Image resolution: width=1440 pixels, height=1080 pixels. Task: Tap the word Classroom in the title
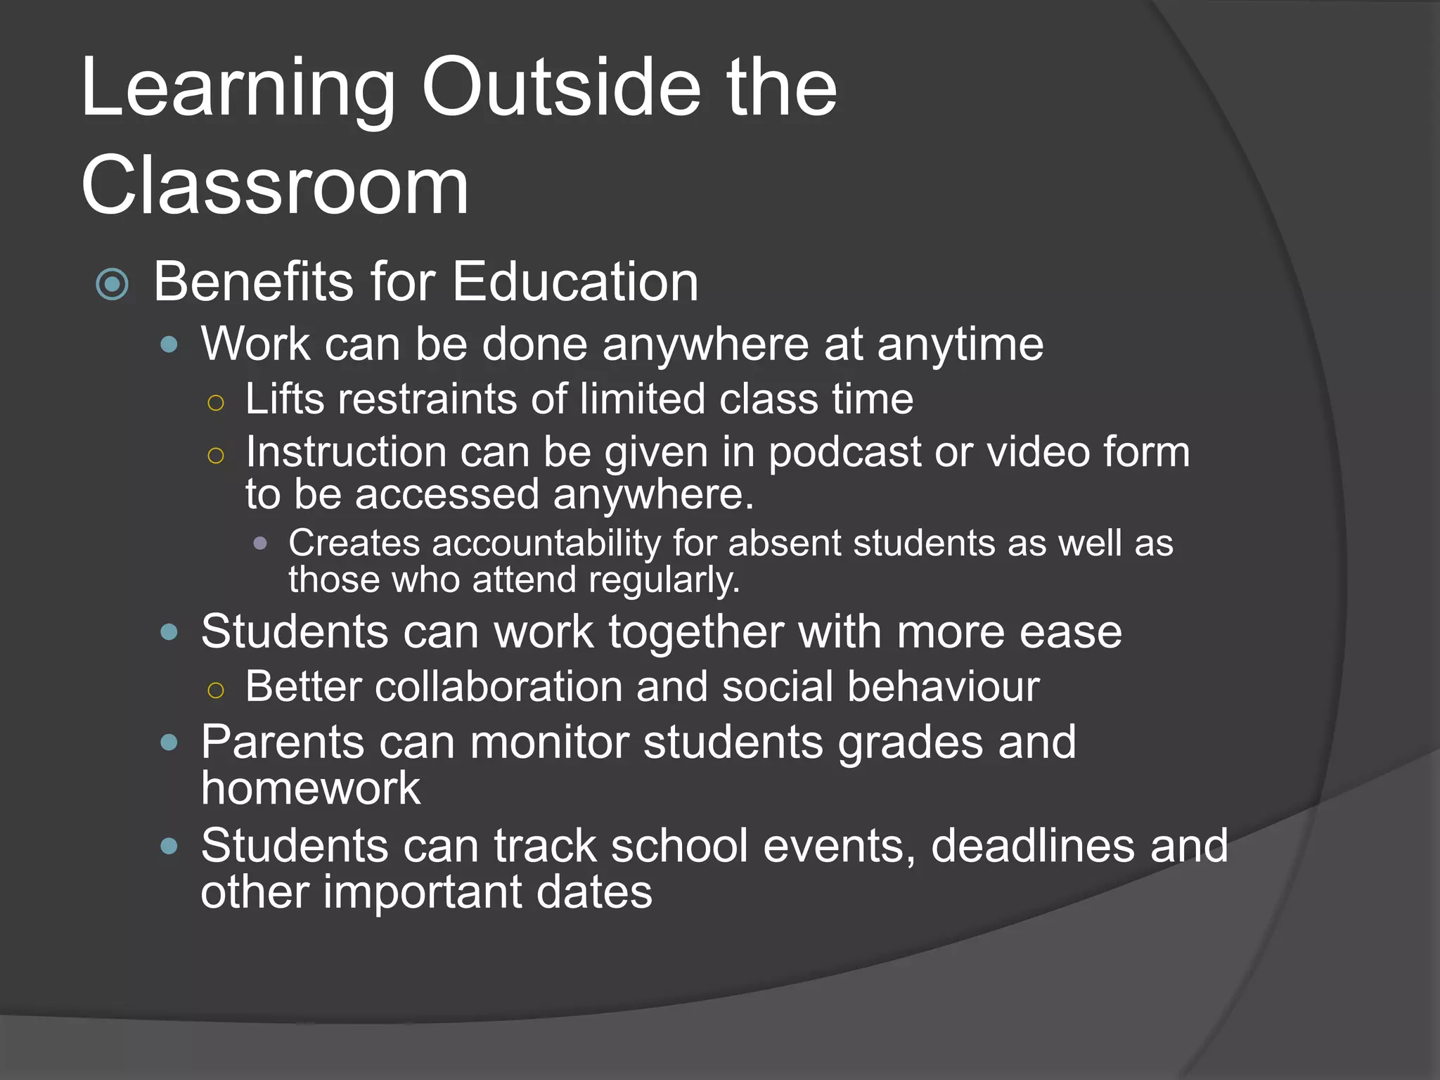[x=274, y=186]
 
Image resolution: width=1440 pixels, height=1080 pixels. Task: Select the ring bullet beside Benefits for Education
[x=112, y=285]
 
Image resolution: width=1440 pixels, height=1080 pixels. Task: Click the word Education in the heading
[x=575, y=282]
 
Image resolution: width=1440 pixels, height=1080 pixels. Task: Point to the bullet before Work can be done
[x=169, y=345]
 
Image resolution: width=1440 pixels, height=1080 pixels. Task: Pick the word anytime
[x=960, y=345]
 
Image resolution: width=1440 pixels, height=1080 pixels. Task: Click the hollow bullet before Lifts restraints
[x=216, y=403]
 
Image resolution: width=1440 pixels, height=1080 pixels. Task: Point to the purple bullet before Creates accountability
[x=260, y=543]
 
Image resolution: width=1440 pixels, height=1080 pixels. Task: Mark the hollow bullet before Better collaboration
[x=216, y=690]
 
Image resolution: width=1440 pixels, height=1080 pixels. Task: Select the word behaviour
[x=943, y=686]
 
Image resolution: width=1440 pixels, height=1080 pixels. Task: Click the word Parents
[x=283, y=742]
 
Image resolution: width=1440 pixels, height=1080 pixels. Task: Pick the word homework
[x=310, y=787]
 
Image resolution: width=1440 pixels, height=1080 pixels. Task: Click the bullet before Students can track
[x=169, y=846]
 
